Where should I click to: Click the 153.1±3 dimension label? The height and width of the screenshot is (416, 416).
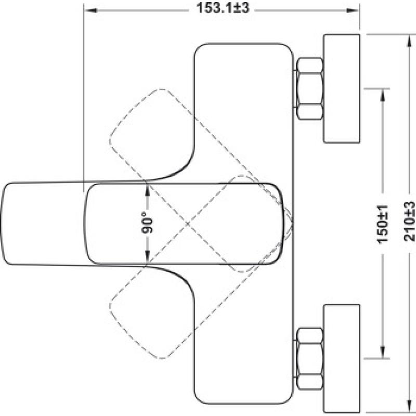(223, 8)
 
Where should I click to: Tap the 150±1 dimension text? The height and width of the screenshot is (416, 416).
(383, 224)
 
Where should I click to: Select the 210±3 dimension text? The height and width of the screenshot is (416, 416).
(409, 222)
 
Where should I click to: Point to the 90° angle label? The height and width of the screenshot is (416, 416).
(148, 223)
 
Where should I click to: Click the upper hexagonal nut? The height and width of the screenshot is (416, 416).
(309, 88)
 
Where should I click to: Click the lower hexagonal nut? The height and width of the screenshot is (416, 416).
(309, 359)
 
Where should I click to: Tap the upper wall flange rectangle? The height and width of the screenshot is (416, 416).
(342, 88)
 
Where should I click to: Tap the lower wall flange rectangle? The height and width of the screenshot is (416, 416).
(342, 359)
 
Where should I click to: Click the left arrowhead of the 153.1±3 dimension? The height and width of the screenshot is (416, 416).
(89, 10)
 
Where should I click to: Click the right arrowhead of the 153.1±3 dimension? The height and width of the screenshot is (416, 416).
(353, 10)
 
